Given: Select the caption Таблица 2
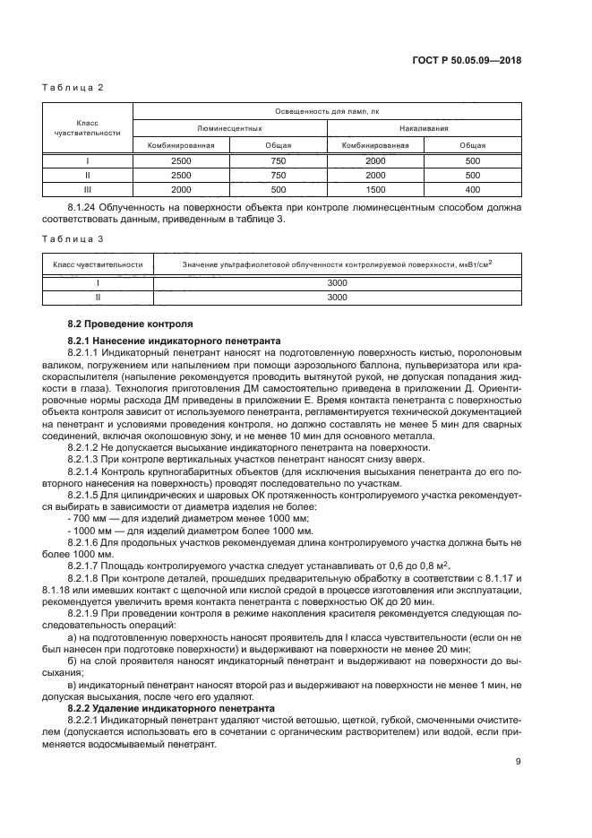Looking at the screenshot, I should [74, 88].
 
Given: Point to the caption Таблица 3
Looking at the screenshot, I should [74, 239].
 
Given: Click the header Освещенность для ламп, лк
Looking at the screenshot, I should [327, 111].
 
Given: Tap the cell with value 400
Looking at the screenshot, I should [473, 190].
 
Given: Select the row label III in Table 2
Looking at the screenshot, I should [88, 190].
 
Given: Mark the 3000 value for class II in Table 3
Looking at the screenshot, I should [337, 297].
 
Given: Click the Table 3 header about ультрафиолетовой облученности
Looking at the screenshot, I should [337, 264].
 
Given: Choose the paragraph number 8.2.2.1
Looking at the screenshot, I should [89, 719].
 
